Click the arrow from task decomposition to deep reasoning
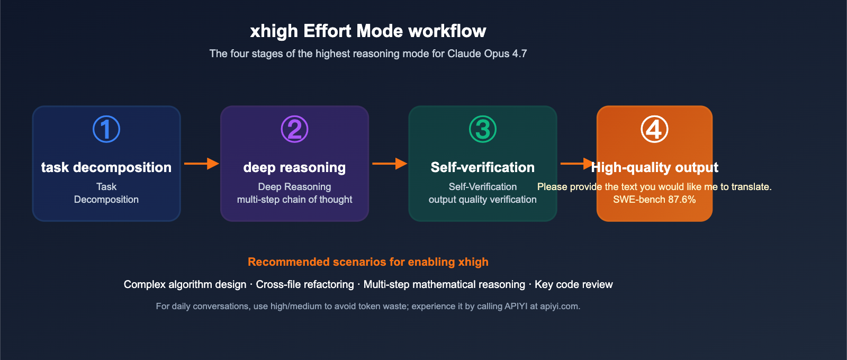click(x=202, y=164)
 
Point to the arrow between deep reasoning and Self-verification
click(x=390, y=164)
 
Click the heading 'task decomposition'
click(x=106, y=167)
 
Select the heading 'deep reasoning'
click(x=294, y=167)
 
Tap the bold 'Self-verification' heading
click(x=482, y=167)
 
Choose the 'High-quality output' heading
click(x=654, y=167)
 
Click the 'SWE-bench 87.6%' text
click(x=654, y=199)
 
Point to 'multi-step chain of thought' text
click(x=294, y=199)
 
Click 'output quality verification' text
click(x=482, y=199)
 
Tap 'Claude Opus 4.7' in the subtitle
click(x=487, y=53)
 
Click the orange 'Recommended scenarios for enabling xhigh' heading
click(x=368, y=262)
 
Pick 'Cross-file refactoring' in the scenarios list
click(x=305, y=284)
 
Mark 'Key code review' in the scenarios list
click(x=574, y=284)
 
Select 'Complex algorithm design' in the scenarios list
click(x=185, y=284)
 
